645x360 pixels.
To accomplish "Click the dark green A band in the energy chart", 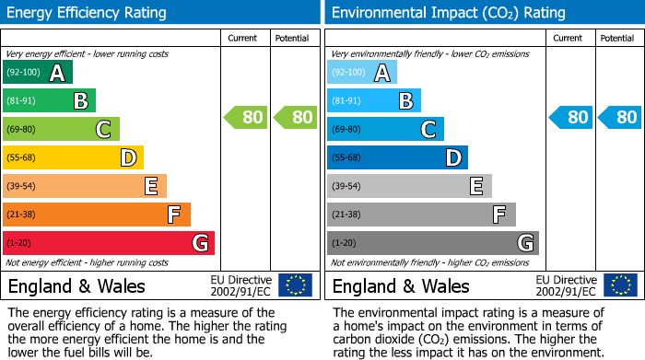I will tap(37, 73).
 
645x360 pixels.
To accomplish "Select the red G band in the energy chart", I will tap(108, 243).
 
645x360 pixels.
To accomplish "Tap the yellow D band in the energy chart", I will tap(73, 158).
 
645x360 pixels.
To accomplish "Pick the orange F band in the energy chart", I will tap(96, 215).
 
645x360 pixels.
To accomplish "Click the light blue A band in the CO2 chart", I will tap(361, 73).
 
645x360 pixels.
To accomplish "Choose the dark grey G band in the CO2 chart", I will tap(432, 243).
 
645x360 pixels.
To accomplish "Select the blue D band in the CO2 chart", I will tap(397, 158).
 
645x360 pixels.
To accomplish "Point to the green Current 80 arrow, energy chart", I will tap(245, 118).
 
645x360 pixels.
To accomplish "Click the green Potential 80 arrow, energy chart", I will tap(294, 118).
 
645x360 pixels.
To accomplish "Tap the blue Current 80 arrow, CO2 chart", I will tap(569, 118).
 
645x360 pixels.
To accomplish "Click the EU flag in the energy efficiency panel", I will tap(295, 285).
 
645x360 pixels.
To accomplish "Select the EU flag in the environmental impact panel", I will tap(619, 285).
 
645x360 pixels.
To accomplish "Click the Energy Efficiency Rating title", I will tap(88, 13).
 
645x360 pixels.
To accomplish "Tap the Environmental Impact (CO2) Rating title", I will tap(448, 13).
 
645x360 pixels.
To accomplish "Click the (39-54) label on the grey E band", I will tap(345, 187).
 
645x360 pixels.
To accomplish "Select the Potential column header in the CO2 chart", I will tap(617, 38).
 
